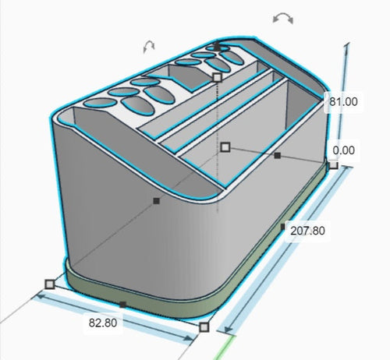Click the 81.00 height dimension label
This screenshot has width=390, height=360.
pos(343,102)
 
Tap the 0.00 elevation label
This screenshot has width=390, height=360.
pos(344,150)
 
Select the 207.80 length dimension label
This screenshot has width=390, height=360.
pos(307,231)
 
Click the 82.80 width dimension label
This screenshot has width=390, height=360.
pos(103,323)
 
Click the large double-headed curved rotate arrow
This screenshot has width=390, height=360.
pos(283,18)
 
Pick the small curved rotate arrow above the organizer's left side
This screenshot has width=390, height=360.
pos(149,46)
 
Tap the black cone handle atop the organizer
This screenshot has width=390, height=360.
pos(218,46)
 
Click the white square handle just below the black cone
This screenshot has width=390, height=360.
pos(217,77)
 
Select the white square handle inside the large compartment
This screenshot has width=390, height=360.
pos(225,147)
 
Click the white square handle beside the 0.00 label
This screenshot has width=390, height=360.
pos(333,164)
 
